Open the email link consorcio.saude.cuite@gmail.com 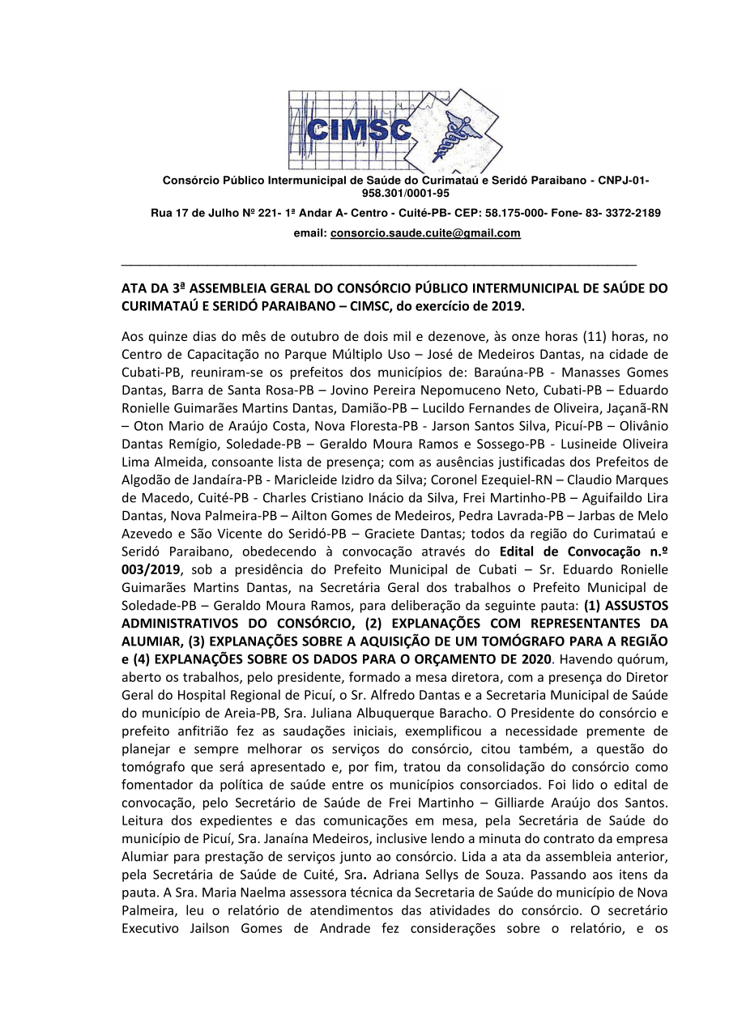425,233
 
